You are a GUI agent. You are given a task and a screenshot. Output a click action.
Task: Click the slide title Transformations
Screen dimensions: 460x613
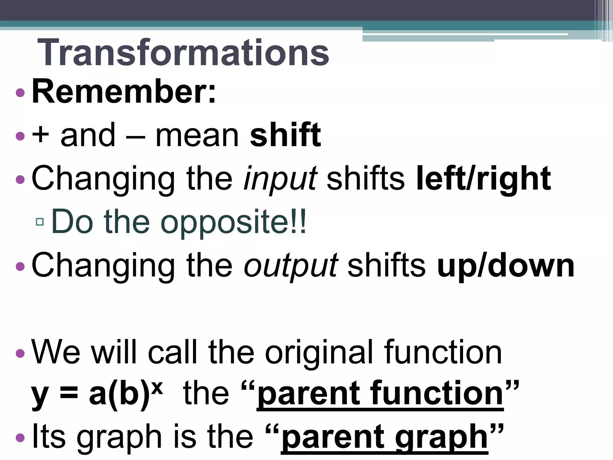[x=183, y=53]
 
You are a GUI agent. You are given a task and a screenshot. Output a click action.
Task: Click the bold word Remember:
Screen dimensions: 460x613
[x=124, y=91]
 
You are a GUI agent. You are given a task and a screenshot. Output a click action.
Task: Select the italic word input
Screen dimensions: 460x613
[x=280, y=179]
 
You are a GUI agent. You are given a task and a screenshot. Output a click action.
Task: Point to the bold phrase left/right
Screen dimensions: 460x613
[x=483, y=178]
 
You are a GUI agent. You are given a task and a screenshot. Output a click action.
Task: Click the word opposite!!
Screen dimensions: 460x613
[x=233, y=222]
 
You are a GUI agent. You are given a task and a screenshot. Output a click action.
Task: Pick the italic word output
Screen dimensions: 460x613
[x=291, y=266]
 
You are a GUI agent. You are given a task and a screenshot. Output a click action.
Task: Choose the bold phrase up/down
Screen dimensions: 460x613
[x=506, y=265]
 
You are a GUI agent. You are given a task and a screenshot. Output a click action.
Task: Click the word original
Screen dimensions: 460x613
[x=319, y=352]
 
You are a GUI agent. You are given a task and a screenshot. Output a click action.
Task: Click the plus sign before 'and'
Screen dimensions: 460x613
[x=40, y=135]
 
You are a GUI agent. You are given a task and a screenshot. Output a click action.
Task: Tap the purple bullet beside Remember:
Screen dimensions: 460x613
[x=20, y=93]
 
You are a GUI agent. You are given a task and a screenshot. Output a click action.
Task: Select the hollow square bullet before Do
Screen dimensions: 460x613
[x=40, y=222]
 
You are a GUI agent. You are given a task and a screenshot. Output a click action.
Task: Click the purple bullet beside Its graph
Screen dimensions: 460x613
[x=20, y=438]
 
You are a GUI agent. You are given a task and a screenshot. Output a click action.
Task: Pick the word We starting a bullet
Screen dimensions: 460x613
[x=56, y=352]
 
